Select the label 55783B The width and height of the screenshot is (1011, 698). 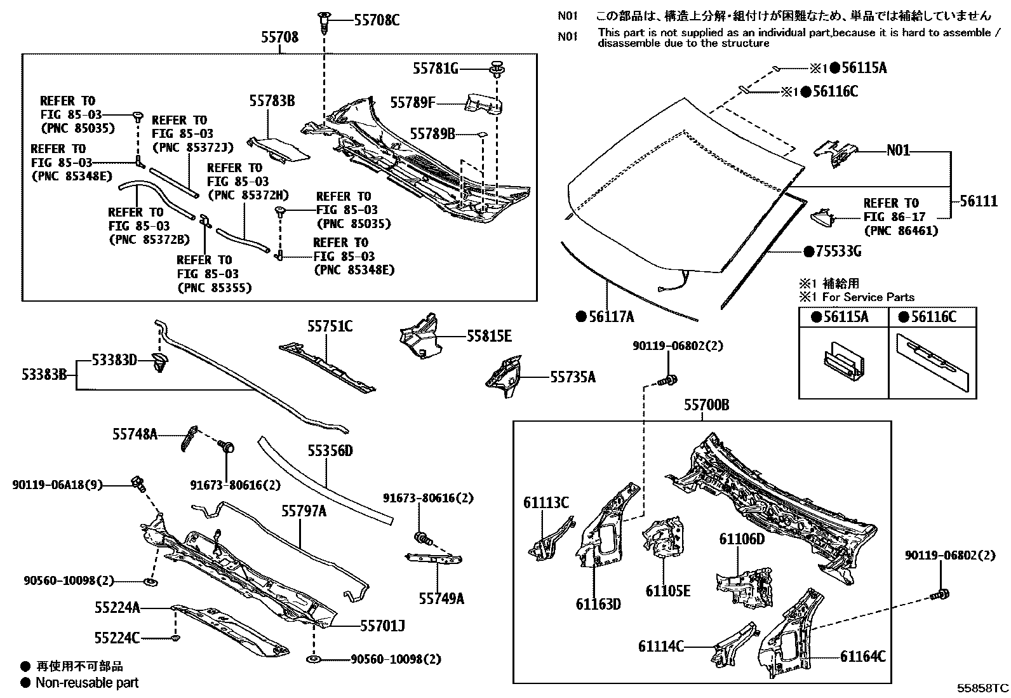click(x=272, y=101)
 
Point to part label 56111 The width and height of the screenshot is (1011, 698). click(x=979, y=201)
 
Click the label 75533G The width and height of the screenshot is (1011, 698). click(x=837, y=252)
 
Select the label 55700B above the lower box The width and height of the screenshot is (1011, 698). click(x=706, y=405)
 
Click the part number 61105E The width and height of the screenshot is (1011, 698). click(x=668, y=591)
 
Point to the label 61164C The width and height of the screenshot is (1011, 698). click(x=863, y=657)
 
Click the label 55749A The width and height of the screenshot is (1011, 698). click(x=441, y=598)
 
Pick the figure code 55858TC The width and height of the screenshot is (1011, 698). click(x=982, y=688)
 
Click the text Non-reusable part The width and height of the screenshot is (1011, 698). click(x=87, y=683)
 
